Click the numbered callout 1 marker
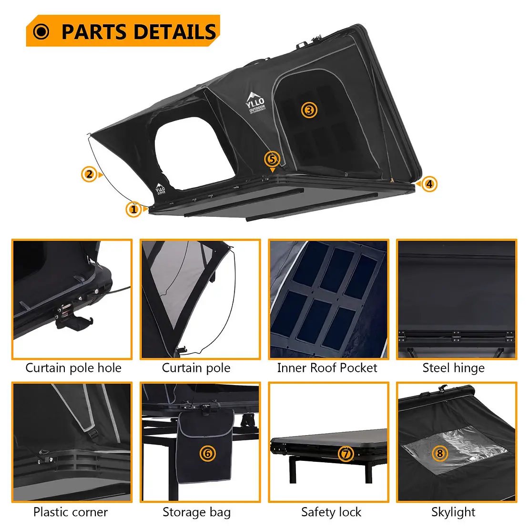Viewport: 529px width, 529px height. coord(134,209)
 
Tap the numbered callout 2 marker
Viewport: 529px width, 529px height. coord(90,174)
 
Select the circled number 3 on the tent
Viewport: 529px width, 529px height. coord(309,110)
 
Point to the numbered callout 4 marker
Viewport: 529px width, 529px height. coord(429,184)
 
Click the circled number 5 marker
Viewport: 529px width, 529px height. coord(272,159)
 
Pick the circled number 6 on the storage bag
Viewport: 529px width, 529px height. coord(207,453)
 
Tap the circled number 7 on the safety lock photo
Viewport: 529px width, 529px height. coord(346,454)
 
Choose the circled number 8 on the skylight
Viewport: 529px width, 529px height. coord(440,453)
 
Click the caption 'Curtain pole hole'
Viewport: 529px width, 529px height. coord(73,368)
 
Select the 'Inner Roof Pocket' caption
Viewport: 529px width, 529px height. coord(327,368)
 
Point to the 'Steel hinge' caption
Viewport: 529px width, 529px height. coord(453,368)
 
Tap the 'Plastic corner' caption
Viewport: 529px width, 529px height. coord(71,512)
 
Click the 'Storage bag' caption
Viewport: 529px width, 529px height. coord(197,512)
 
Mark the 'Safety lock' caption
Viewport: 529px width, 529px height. coord(331,512)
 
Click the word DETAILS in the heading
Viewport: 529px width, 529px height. coord(175,32)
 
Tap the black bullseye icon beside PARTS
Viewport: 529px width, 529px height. coord(41,32)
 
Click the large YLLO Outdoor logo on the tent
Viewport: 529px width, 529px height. coord(256,103)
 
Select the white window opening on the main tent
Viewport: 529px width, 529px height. coord(194,153)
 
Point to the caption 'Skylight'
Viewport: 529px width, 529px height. coord(453,512)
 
